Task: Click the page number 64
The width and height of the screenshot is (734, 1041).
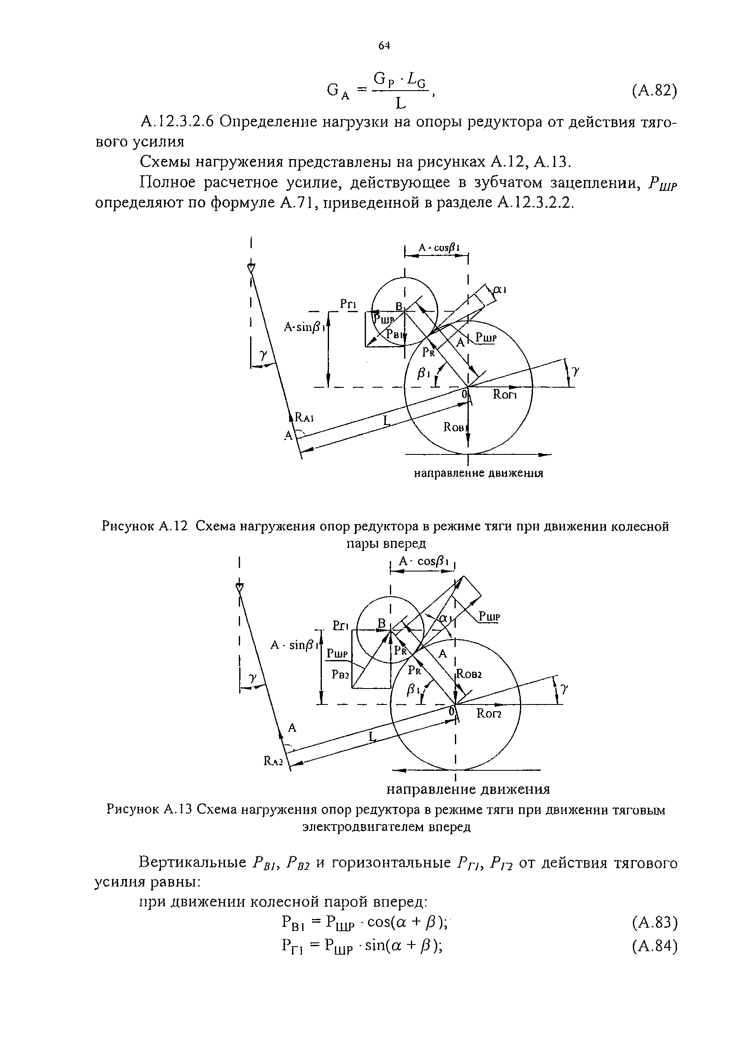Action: [384, 45]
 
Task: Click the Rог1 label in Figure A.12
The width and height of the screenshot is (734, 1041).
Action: [504, 395]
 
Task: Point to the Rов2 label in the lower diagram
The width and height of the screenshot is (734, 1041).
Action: [468, 674]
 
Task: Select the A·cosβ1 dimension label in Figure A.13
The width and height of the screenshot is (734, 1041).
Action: [423, 562]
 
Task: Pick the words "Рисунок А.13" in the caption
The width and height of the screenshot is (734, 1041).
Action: [149, 809]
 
